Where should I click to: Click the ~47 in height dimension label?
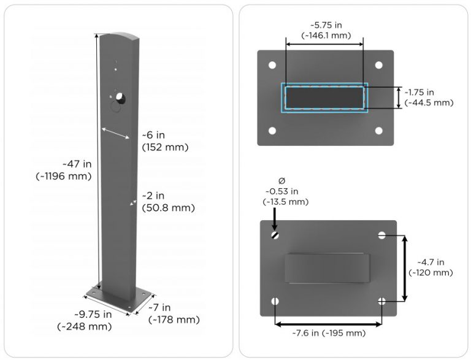click(x=64, y=170)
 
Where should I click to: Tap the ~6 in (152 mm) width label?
click(x=164, y=141)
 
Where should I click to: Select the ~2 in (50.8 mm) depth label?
click(x=167, y=202)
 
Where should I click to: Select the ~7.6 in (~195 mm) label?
click(x=328, y=333)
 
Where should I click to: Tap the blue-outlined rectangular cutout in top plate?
click(x=324, y=98)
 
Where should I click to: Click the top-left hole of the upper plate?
click(x=270, y=65)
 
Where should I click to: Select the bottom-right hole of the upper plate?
click(x=379, y=130)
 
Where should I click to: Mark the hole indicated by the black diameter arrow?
click(x=275, y=234)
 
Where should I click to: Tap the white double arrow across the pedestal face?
click(x=115, y=133)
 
